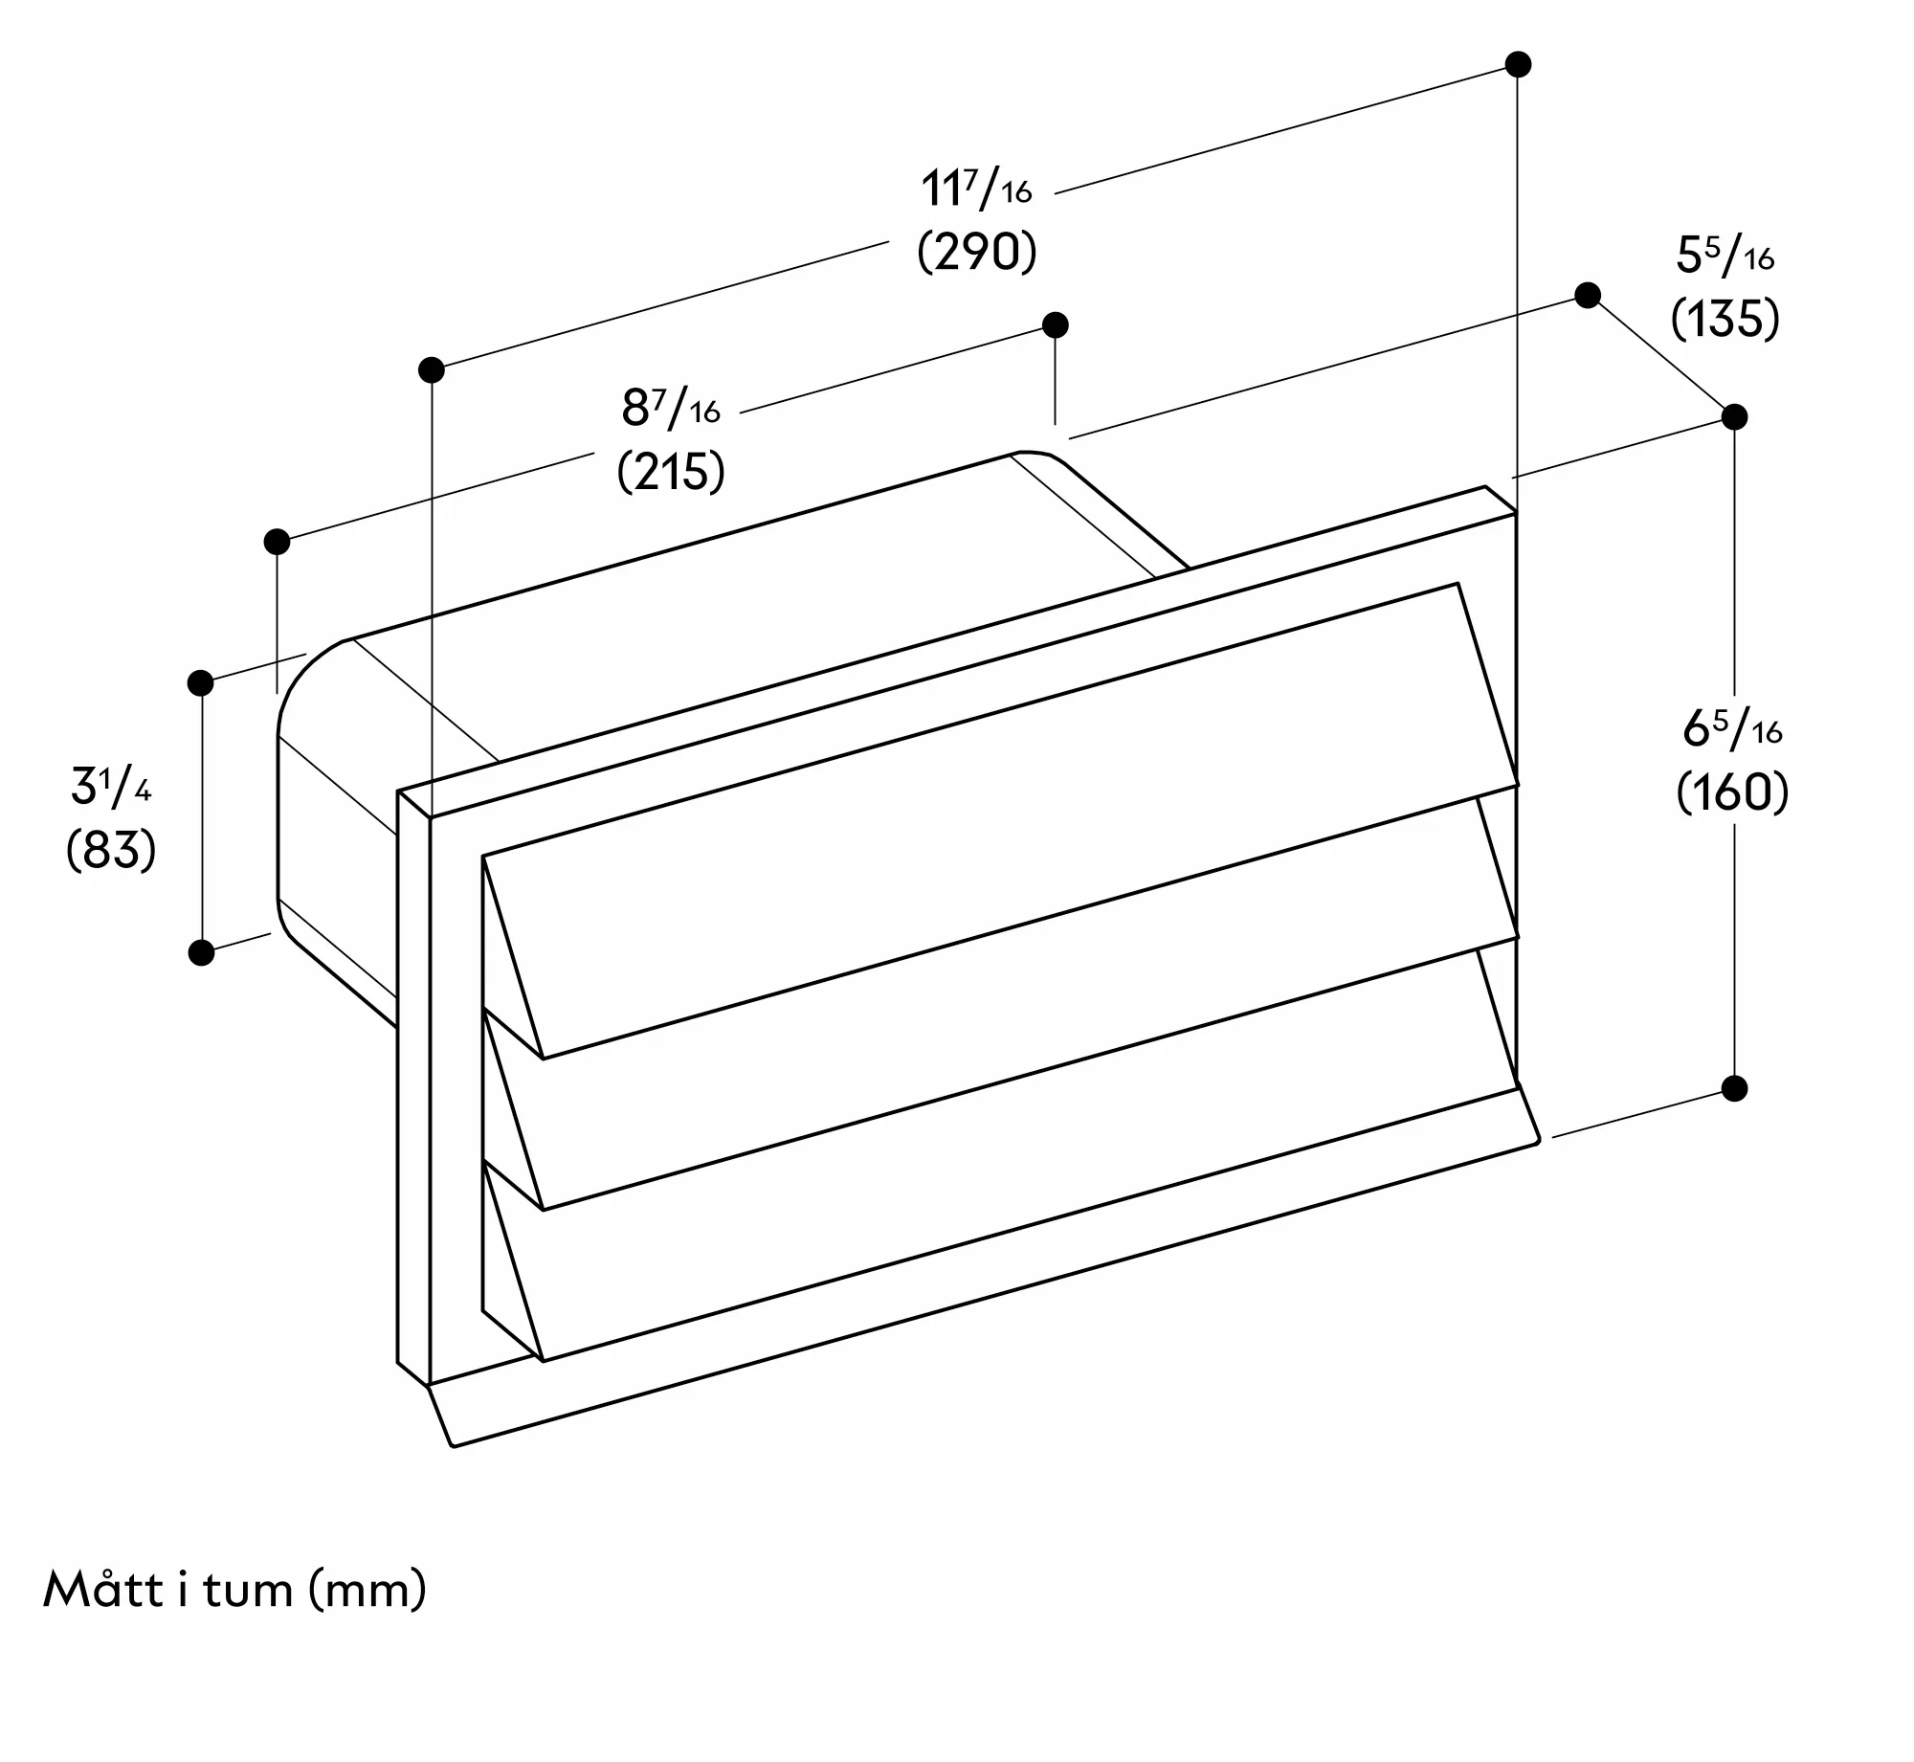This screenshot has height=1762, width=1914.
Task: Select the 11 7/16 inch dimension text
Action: point(977,189)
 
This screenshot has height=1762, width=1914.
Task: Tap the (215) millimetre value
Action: point(671,472)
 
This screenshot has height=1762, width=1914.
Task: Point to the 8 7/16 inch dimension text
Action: point(671,409)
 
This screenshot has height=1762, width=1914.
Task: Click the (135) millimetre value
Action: point(1725,319)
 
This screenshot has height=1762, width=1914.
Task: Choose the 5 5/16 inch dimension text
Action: point(1725,256)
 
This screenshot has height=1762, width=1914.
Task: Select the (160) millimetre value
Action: point(1732,792)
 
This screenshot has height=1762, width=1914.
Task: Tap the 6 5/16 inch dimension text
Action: point(1732,730)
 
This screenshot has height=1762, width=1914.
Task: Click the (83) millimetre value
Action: point(111,850)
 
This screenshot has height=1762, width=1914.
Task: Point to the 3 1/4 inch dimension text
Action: point(111,787)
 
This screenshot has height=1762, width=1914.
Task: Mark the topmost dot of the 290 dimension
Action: point(1518,64)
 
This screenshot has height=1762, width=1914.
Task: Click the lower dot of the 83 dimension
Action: point(201,952)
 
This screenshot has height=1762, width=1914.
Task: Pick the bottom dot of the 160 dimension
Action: point(1734,1088)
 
